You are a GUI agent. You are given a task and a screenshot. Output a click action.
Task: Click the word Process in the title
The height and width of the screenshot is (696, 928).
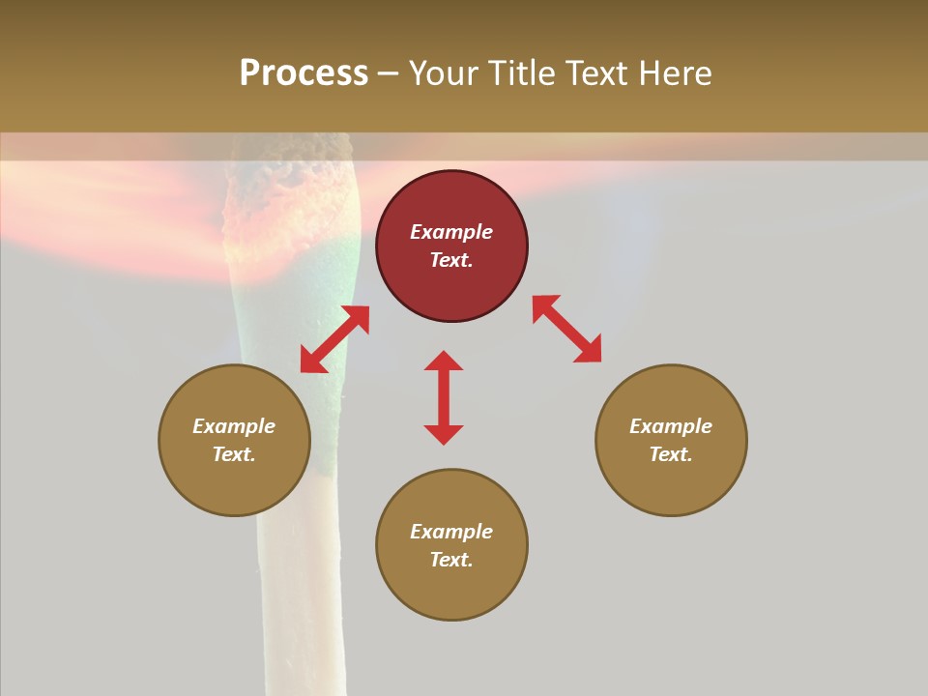[304, 73]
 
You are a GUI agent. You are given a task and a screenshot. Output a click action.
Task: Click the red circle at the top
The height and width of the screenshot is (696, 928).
[451, 246]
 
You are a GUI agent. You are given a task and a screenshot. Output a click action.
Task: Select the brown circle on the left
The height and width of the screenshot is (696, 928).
[234, 440]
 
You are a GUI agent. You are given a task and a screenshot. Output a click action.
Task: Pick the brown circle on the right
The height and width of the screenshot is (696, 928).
[671, 440]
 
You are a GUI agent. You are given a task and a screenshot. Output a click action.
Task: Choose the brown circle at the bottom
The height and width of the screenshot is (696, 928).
[451, 545]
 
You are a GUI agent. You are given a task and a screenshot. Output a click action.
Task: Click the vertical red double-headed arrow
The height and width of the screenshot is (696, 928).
[444, 397]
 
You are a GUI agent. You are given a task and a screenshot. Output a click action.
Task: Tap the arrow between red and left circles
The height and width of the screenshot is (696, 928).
[334, 339]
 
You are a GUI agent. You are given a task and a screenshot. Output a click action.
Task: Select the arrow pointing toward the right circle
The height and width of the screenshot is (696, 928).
[566, 329]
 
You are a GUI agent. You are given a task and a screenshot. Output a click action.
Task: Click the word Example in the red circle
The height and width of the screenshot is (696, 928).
[451, 232]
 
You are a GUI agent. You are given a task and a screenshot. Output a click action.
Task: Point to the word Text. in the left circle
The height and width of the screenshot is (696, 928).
[234, 454]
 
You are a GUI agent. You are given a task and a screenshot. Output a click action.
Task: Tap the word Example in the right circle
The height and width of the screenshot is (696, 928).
[671, 426]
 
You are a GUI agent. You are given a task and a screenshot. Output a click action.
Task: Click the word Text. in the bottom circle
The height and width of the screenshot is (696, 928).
[451, 560]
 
